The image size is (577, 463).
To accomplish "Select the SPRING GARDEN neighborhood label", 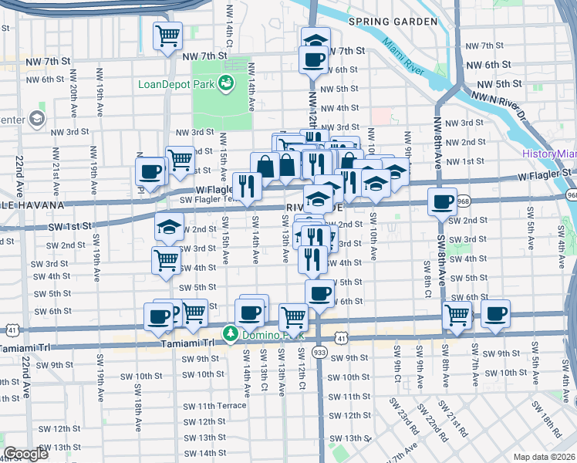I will point(393,22).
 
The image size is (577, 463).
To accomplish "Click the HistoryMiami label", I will point(548,154).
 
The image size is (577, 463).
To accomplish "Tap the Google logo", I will point(26,454).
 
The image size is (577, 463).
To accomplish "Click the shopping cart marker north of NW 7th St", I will point(167,35).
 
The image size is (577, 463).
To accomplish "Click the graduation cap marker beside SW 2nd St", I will point(167,226).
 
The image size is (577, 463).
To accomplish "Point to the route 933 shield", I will point(319,352).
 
